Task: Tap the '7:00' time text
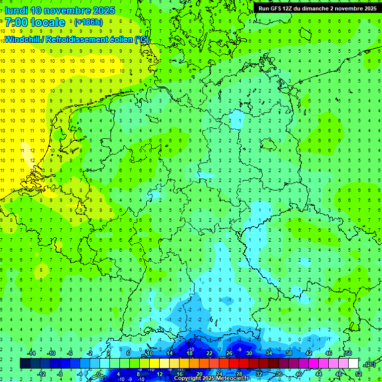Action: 16,22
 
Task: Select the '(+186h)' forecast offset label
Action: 89,22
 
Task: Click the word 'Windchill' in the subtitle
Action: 22,39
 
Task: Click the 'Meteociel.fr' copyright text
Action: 229,379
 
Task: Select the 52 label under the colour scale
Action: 359,374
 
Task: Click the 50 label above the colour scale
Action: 348,353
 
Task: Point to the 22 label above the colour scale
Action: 209,353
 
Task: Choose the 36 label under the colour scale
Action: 279,374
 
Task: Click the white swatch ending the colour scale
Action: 354,364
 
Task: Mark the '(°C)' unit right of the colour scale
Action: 370,364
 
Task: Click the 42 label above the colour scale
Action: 309,353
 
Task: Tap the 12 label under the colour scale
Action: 160,374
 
